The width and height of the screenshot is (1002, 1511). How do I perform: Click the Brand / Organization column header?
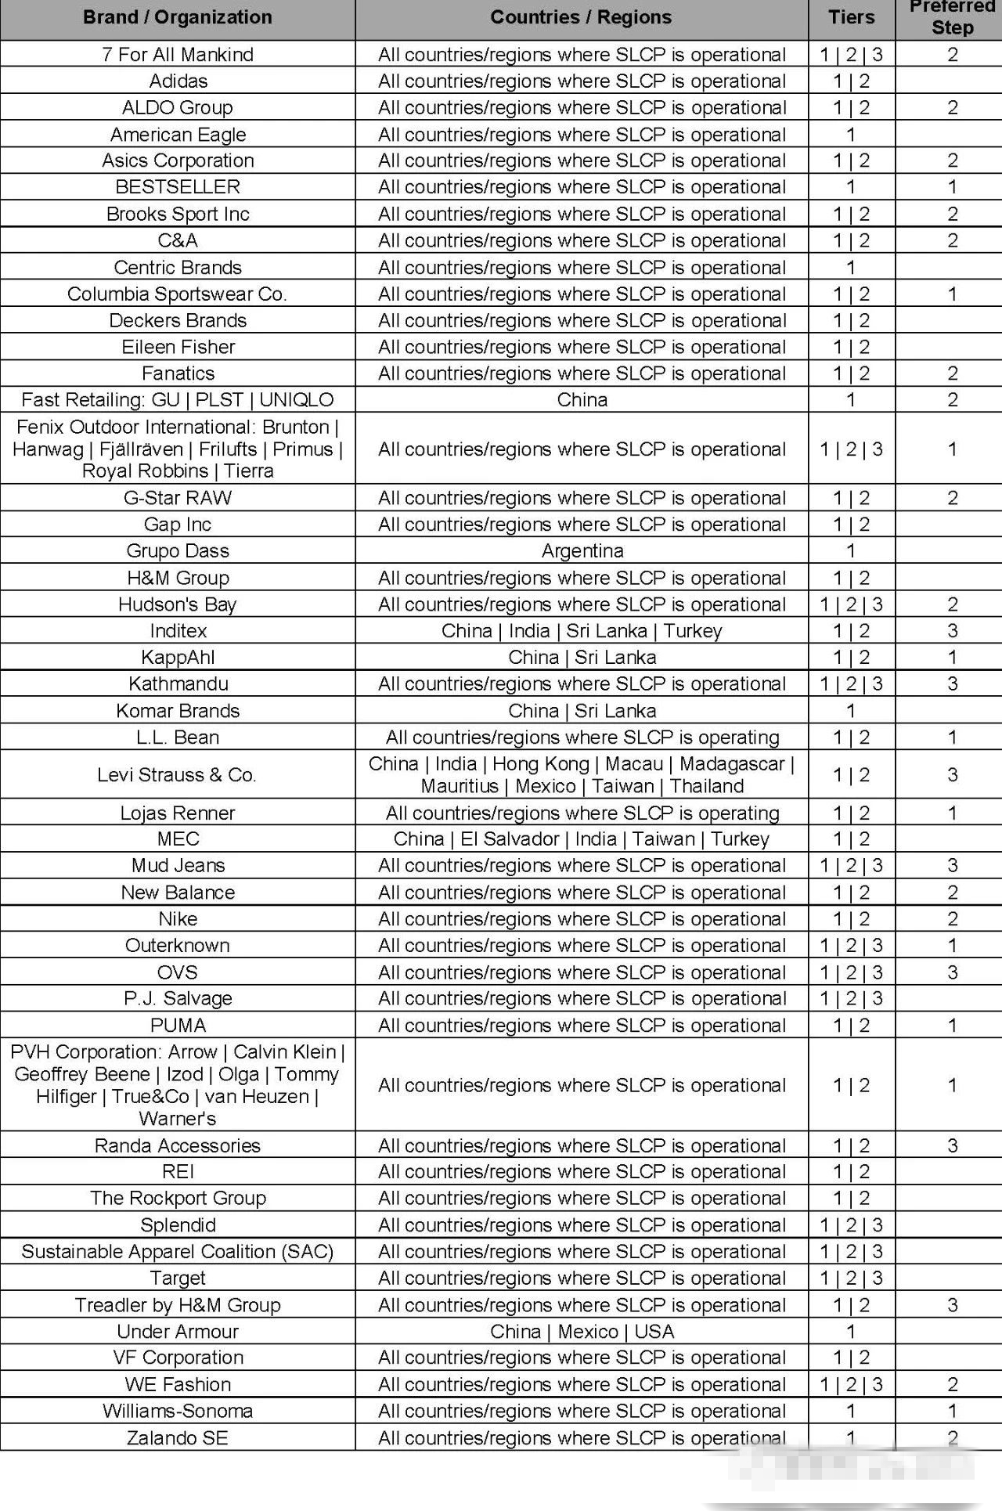click(x=178, y=17)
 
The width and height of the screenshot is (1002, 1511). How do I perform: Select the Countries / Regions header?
click(x=581, y=17)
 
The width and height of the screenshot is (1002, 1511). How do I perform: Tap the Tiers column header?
click(x=851, y=17)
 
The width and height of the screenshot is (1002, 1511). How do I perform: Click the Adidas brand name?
click(x=178, y=81)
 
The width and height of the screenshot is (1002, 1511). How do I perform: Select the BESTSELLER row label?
click(x=178, y=187)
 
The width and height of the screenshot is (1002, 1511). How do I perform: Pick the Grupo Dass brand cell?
click(x=178, y=550)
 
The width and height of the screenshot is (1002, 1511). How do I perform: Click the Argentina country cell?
click(x=582, y=550)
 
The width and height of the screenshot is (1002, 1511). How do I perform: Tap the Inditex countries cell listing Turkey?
click(x=582, y=631)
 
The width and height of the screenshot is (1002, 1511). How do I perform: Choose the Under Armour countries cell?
click(x=582, y=1331)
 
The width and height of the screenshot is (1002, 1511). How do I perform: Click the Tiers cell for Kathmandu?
click(x=851, y=683)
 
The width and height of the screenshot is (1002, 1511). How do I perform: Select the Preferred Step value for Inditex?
click(x=952, y=631)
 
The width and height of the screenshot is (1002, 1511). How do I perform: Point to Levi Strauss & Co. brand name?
click(x=178, y=774)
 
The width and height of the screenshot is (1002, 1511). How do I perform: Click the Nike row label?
click(x=178, y=918)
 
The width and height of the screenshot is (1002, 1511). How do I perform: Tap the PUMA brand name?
click(x=178, y=1025)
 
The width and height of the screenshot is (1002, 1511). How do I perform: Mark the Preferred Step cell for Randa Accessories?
click(x=952, y=1145)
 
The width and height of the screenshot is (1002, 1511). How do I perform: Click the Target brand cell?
click(x=178, y=1278)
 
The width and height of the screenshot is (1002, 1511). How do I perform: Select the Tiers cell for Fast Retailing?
click(x=851, y=399)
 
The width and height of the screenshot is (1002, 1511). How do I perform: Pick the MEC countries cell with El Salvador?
click(x=582, y=838)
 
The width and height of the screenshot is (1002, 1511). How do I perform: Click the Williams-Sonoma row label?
click(x=178, y=1411)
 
